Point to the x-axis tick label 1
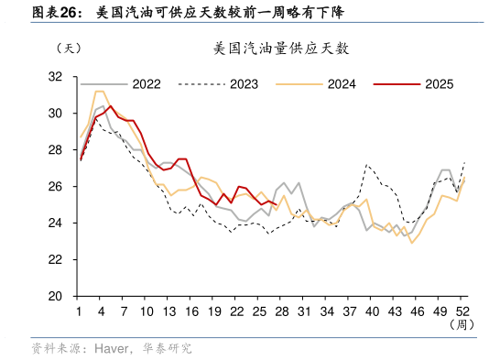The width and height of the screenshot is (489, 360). tap(81, 311)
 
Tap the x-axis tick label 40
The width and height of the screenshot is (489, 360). tap(373, 311)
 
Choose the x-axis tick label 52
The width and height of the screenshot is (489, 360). tap(463, 311)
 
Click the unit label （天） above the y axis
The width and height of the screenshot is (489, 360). tap(69, 48)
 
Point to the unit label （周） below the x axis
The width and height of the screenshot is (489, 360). tap(461, 325)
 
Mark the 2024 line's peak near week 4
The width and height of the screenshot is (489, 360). tap(100, 92)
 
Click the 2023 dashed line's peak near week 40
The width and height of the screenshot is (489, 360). tap(367, 166)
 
